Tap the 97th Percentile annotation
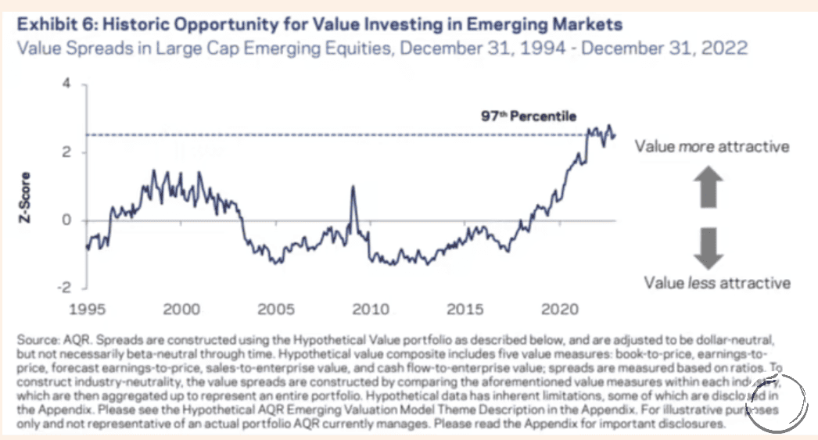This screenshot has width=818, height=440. tap(528, 116)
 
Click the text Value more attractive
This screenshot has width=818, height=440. tap(712, 147)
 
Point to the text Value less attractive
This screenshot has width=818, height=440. tap(717, 283)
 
